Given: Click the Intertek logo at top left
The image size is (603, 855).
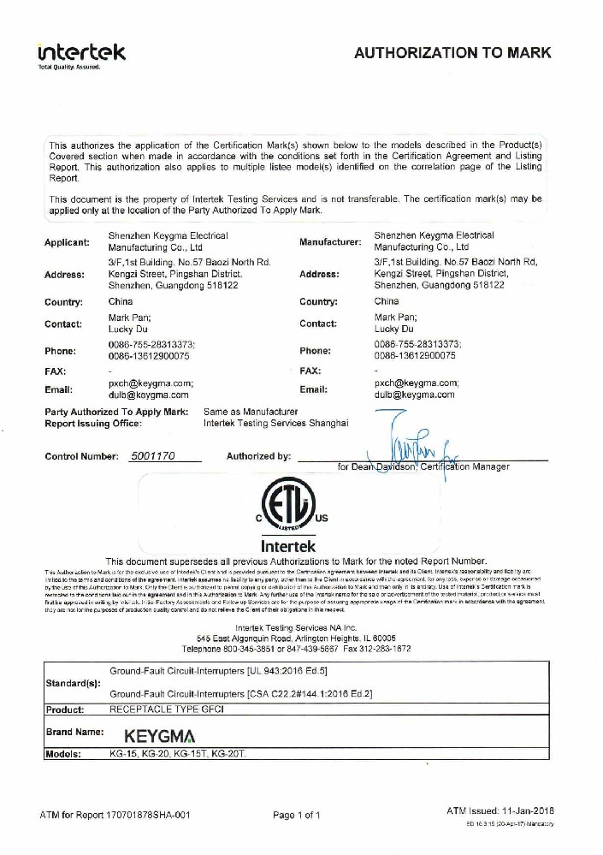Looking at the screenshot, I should pos(81,53).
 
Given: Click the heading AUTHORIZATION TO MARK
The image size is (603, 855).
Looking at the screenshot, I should pos(452,53).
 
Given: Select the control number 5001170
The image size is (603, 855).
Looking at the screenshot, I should pos(153,456).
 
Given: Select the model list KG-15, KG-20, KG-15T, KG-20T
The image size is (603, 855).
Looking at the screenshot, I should pos(177,754).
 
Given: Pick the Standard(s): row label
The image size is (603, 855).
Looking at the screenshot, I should pos(72,684).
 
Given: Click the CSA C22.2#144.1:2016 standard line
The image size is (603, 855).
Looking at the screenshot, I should pos(242,693).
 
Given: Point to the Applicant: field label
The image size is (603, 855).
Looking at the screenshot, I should pos(67,242).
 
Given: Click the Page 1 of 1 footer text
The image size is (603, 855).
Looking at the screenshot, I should pos(297,815).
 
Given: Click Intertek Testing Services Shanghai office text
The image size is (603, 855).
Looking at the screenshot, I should pos(275,424).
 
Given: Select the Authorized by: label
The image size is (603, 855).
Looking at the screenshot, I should pos(258,456).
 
